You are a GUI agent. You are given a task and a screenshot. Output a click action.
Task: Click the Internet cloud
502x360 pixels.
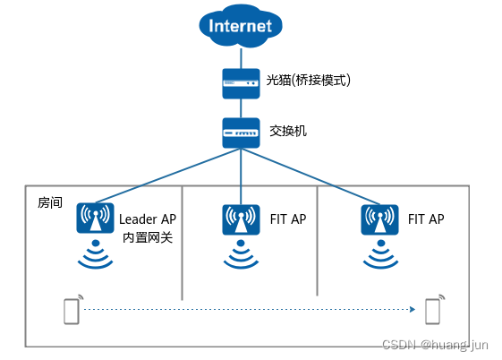coord(240,26)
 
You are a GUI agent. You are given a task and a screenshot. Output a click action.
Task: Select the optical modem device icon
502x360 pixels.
coord(240,82)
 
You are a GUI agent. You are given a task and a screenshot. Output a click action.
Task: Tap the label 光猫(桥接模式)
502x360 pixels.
coord(309,81)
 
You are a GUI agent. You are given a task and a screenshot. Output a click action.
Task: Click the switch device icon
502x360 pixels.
coord(240,133)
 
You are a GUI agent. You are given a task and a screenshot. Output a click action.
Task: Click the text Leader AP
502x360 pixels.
coord(148,219)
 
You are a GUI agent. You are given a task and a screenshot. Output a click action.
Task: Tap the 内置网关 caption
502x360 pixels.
coord(148,238)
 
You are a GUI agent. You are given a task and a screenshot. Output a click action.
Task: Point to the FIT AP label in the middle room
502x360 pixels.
coord(287,219)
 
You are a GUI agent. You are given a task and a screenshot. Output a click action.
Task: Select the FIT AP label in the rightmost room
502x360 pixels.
coord(426,219)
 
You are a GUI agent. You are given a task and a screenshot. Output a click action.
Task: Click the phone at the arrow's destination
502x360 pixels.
coord(434,310)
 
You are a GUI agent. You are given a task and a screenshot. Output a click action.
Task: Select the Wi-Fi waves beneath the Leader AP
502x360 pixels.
coord(97,255)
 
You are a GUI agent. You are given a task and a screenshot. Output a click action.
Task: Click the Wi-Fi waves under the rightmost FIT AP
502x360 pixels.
coord(379,255)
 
